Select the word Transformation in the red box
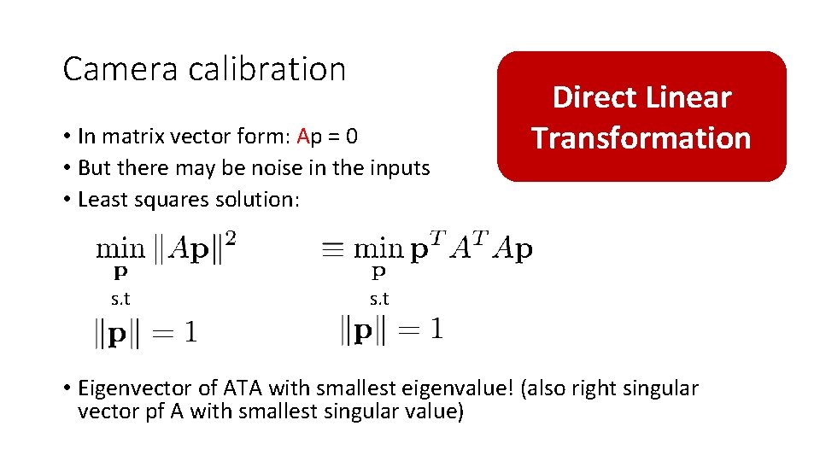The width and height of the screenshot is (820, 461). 641,138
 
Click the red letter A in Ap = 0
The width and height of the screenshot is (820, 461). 303,137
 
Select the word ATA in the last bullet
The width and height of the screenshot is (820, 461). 243,388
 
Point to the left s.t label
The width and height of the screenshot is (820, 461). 120,299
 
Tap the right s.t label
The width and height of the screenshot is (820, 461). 379,299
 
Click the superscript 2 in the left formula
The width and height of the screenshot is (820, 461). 231,239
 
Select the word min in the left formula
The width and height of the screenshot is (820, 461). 120,248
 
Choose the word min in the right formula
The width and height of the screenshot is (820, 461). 378,248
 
